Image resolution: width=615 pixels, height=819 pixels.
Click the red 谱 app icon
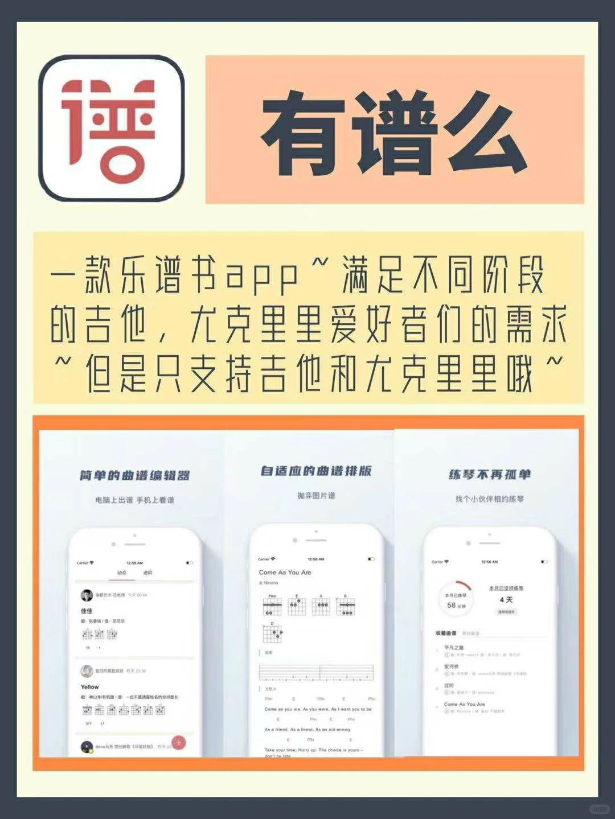point(112,128)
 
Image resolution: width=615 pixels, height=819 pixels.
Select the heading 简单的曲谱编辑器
point(135,475)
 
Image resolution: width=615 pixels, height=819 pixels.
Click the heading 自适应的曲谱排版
point(316,471)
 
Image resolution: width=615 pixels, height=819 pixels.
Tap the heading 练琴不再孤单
point(489,474)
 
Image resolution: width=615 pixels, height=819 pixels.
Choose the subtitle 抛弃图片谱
point(316,496)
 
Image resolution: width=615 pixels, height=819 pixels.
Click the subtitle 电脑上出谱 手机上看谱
point(135,500)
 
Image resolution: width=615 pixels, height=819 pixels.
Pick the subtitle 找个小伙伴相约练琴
point(489,499)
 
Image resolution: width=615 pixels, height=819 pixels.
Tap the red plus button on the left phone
point(179,742)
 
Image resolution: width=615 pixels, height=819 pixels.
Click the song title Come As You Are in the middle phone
point(285,573)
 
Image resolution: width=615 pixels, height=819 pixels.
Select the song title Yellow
point(89,687)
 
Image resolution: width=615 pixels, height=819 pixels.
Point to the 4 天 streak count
point(506,600)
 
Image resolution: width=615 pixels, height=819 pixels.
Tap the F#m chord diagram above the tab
point(272,606)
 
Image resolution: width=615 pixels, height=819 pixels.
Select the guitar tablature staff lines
point(316,672)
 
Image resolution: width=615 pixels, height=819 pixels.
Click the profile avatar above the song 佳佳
point(87,595)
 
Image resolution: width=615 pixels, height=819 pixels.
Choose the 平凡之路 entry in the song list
point(454,648)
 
